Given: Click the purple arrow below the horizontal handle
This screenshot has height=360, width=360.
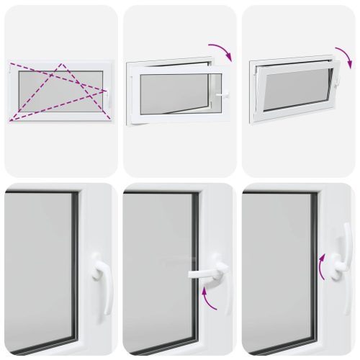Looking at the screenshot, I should point(209,300).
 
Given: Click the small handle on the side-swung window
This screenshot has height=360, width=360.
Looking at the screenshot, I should point(222,95).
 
